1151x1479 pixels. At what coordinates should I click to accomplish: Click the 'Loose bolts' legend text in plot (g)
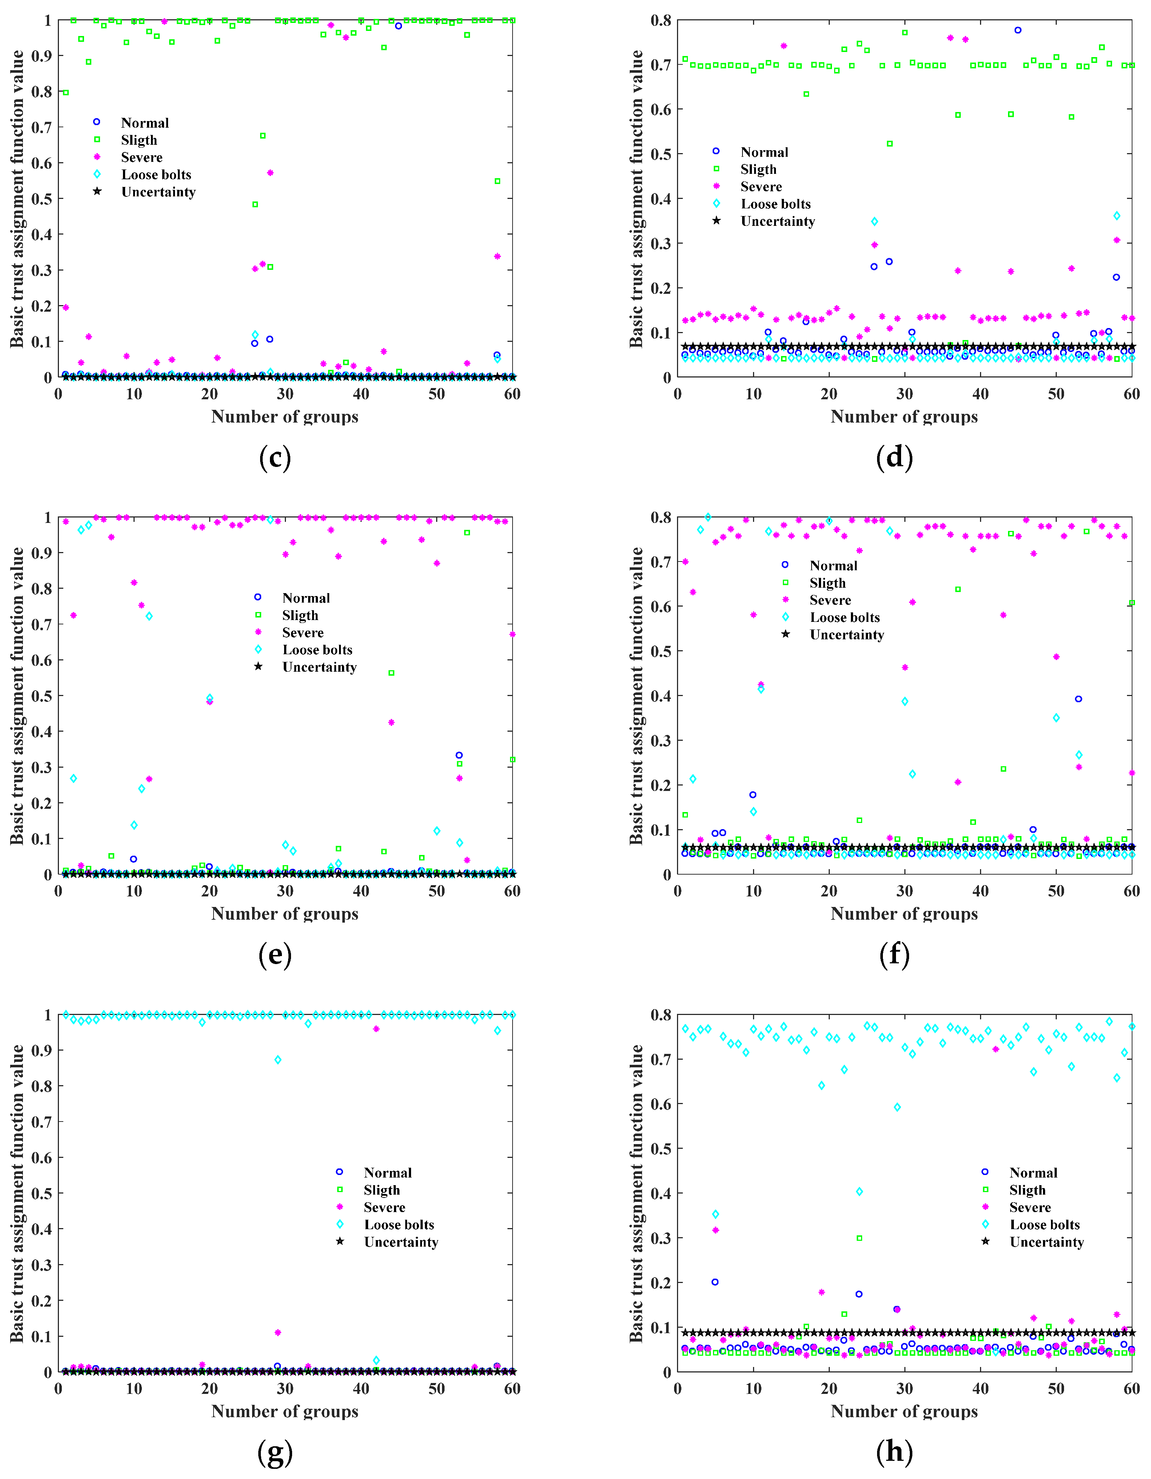point(399,1224)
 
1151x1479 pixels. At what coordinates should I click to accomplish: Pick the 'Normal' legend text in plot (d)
point(764,152)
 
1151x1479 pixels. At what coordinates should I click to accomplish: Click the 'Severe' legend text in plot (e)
point(303,632)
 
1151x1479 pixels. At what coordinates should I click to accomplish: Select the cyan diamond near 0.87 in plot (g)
point(278,1060)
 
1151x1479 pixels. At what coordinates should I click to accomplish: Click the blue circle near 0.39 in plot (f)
point(1079,699)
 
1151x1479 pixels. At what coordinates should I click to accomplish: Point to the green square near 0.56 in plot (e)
point(391,673)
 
